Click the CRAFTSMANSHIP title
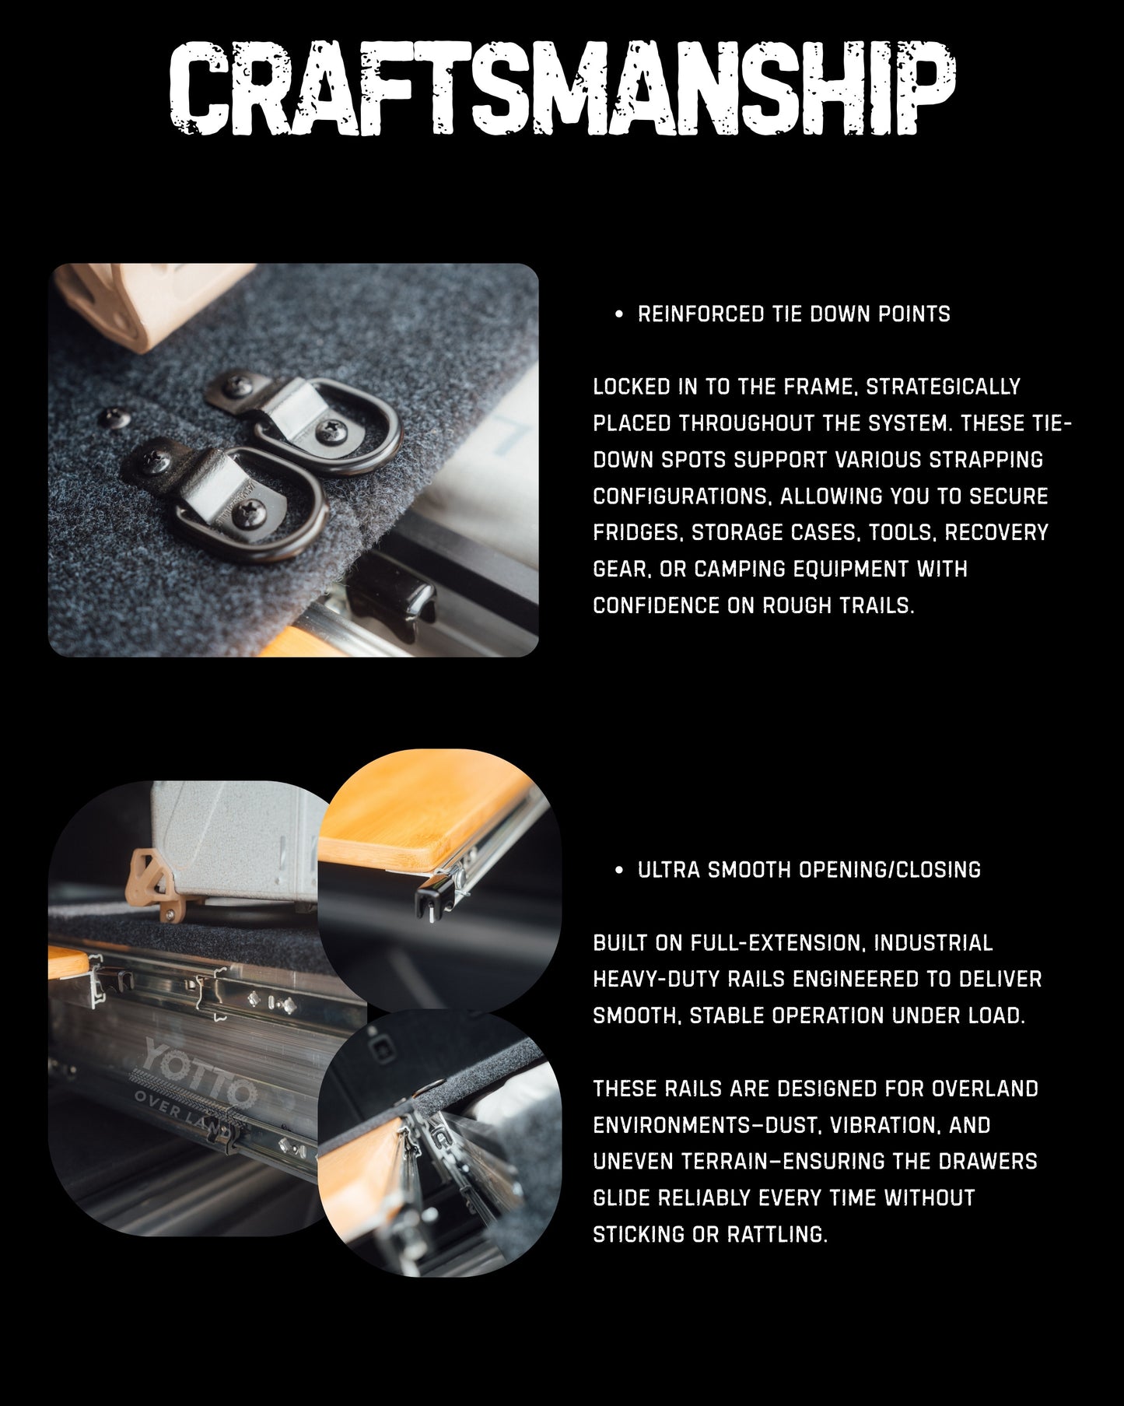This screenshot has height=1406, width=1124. pyautogui.click(x=562, y=90)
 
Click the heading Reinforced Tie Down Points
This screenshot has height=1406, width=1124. pyautogui.click(x=793, y=314)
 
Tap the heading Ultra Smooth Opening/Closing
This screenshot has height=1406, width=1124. pyautogui.click(x=809, y=869)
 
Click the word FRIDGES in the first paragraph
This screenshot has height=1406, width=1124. pyautogui.click(x=637, y=533)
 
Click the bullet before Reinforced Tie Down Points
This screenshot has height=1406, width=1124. pyautogui.click(x=618, y=315)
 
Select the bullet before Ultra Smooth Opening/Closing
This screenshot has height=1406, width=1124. pyautogui.click(x=618, y=870)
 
